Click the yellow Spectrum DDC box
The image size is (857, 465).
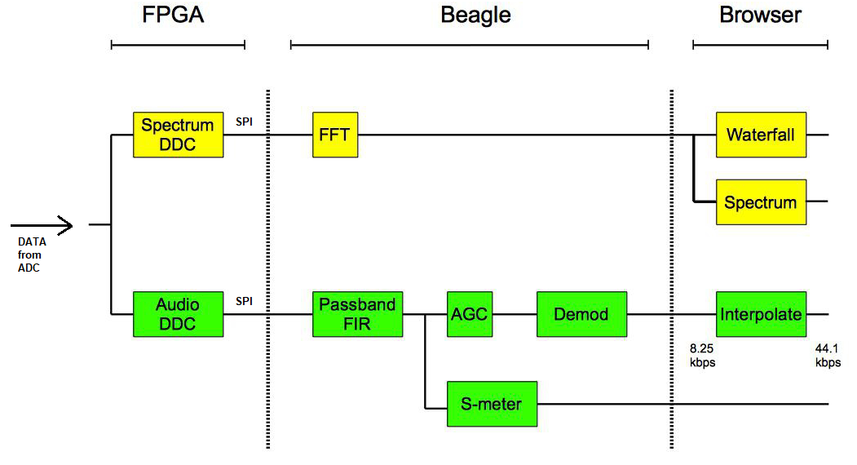point(178,135)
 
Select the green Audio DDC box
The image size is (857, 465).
point(178,314)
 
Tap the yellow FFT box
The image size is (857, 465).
point(334,135)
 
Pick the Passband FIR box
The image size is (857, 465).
point(357,314)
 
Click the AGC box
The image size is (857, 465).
point(469,314)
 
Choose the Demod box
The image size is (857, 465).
point(581,314)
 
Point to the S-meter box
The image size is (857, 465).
point(492,404)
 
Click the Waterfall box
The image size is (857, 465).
point(761,135)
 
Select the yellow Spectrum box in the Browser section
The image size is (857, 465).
point(761,201)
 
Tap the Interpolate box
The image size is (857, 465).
point(761,314)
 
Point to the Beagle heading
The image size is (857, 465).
point(475,15)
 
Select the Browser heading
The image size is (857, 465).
point(760,15)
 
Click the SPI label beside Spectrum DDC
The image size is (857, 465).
point(244,122)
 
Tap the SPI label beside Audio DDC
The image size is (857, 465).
point(244,301)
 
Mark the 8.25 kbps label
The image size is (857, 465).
point(702,355)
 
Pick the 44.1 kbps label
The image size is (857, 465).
point(828,355)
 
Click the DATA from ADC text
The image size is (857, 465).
point(32,255)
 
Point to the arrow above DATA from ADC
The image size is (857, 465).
point(42,224)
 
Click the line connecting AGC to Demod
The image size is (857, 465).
point(514,314)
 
